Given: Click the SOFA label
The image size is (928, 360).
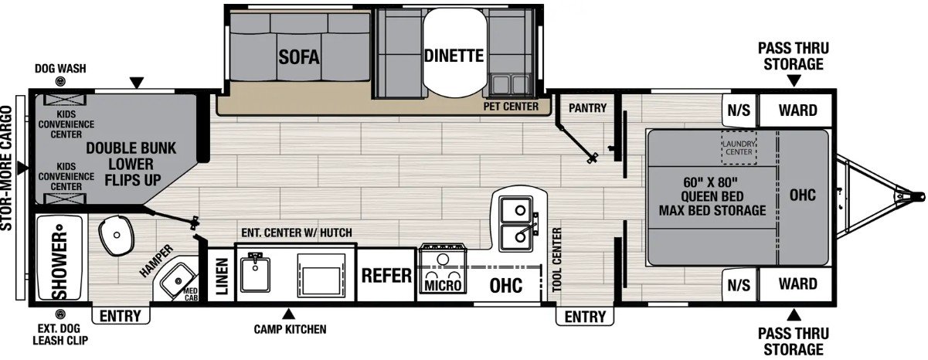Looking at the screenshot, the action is point(299,56).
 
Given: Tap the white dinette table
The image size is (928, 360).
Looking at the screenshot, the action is point(454,53).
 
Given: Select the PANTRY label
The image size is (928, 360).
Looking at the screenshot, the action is point(587,107).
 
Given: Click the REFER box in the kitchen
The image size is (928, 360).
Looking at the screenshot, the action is point(386,275).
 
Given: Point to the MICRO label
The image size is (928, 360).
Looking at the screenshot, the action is point(443,285).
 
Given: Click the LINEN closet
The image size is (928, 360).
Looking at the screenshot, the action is point(222,275).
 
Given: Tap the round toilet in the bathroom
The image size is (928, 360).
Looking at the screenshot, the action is point(117,236).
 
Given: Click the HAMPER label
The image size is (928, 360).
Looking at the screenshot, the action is point(156,260).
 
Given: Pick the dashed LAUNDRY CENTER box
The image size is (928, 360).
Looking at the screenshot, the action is point(739,148).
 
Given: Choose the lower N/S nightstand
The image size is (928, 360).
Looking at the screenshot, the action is point(739,285).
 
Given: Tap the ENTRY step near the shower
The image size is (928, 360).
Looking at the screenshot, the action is point(121,316).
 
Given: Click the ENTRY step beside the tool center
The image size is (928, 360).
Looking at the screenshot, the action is point(585,317).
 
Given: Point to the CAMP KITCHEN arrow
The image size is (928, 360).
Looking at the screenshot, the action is point(289,314).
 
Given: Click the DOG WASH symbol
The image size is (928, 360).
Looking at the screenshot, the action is point(61,82).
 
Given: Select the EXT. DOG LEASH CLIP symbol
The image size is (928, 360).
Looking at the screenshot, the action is point(61,314).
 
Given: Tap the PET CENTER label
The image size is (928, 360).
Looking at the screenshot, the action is point(511,107).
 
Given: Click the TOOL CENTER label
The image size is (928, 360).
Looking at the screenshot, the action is point(557,260).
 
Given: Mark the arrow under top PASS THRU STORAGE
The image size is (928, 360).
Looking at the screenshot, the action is point(794,80).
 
